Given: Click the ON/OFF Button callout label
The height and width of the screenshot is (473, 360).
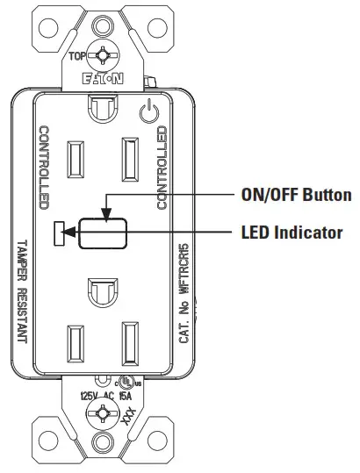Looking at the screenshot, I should click(x=296, y=195).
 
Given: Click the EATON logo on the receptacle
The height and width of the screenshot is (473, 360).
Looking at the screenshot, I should click(x=104, y=78).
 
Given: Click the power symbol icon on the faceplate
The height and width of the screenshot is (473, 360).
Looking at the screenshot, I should click(x=148, y=111).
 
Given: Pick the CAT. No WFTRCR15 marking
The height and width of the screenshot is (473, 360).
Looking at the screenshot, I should click(x=184, y=298).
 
